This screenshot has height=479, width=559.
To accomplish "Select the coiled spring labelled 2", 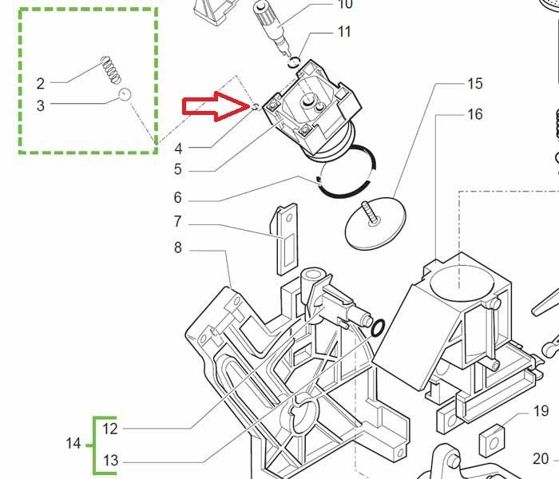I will click(x=113, y=69).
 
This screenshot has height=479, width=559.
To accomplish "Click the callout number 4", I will click(x=178, y=148).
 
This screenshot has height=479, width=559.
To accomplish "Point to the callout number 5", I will click(x=177, y=169).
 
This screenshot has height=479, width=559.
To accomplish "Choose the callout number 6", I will click(x=177, y=198).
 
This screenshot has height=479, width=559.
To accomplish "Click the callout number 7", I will click(x=177, y=222).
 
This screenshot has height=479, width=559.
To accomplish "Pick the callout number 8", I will click(x=177, y=248).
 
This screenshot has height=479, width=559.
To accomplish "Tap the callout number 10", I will click(x=345, y=5).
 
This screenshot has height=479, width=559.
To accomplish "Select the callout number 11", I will click(x=344, y=32).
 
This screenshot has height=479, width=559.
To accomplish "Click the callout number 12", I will click(x=110, y=429).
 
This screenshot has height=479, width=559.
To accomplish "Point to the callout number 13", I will click(x=110, y=460).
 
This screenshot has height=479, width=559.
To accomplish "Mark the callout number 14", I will click(x=73, y=443).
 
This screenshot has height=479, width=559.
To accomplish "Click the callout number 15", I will click(x=475, y=83).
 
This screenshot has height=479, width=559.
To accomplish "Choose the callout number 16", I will click(x=475, y=114).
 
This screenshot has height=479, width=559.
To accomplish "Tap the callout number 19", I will click(x=541, y=411).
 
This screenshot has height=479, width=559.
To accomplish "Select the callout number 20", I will click(x=541, y=459).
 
